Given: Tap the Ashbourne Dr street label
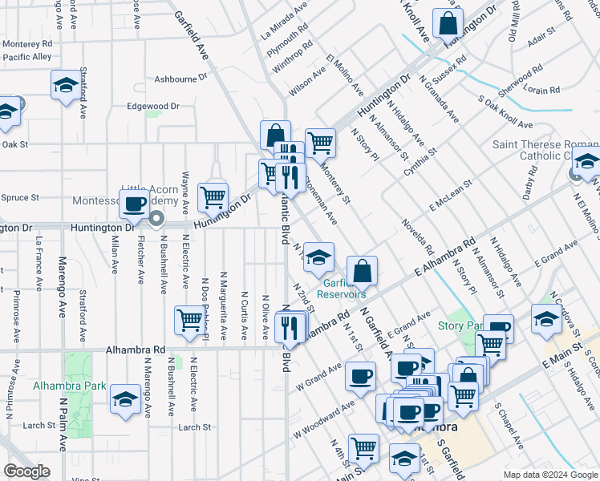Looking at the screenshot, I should click(x=180, y=79).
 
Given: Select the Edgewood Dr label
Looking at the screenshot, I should click(x=152, y=106).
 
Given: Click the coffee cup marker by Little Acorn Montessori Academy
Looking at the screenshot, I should click(x=135, y=204).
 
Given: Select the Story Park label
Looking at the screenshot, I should click(x=459, y=325).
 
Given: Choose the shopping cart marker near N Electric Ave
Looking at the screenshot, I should click(x=189, y=319).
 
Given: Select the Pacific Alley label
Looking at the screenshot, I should click(x=26, y=58).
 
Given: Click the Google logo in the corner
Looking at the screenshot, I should click(x=26, y=471).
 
